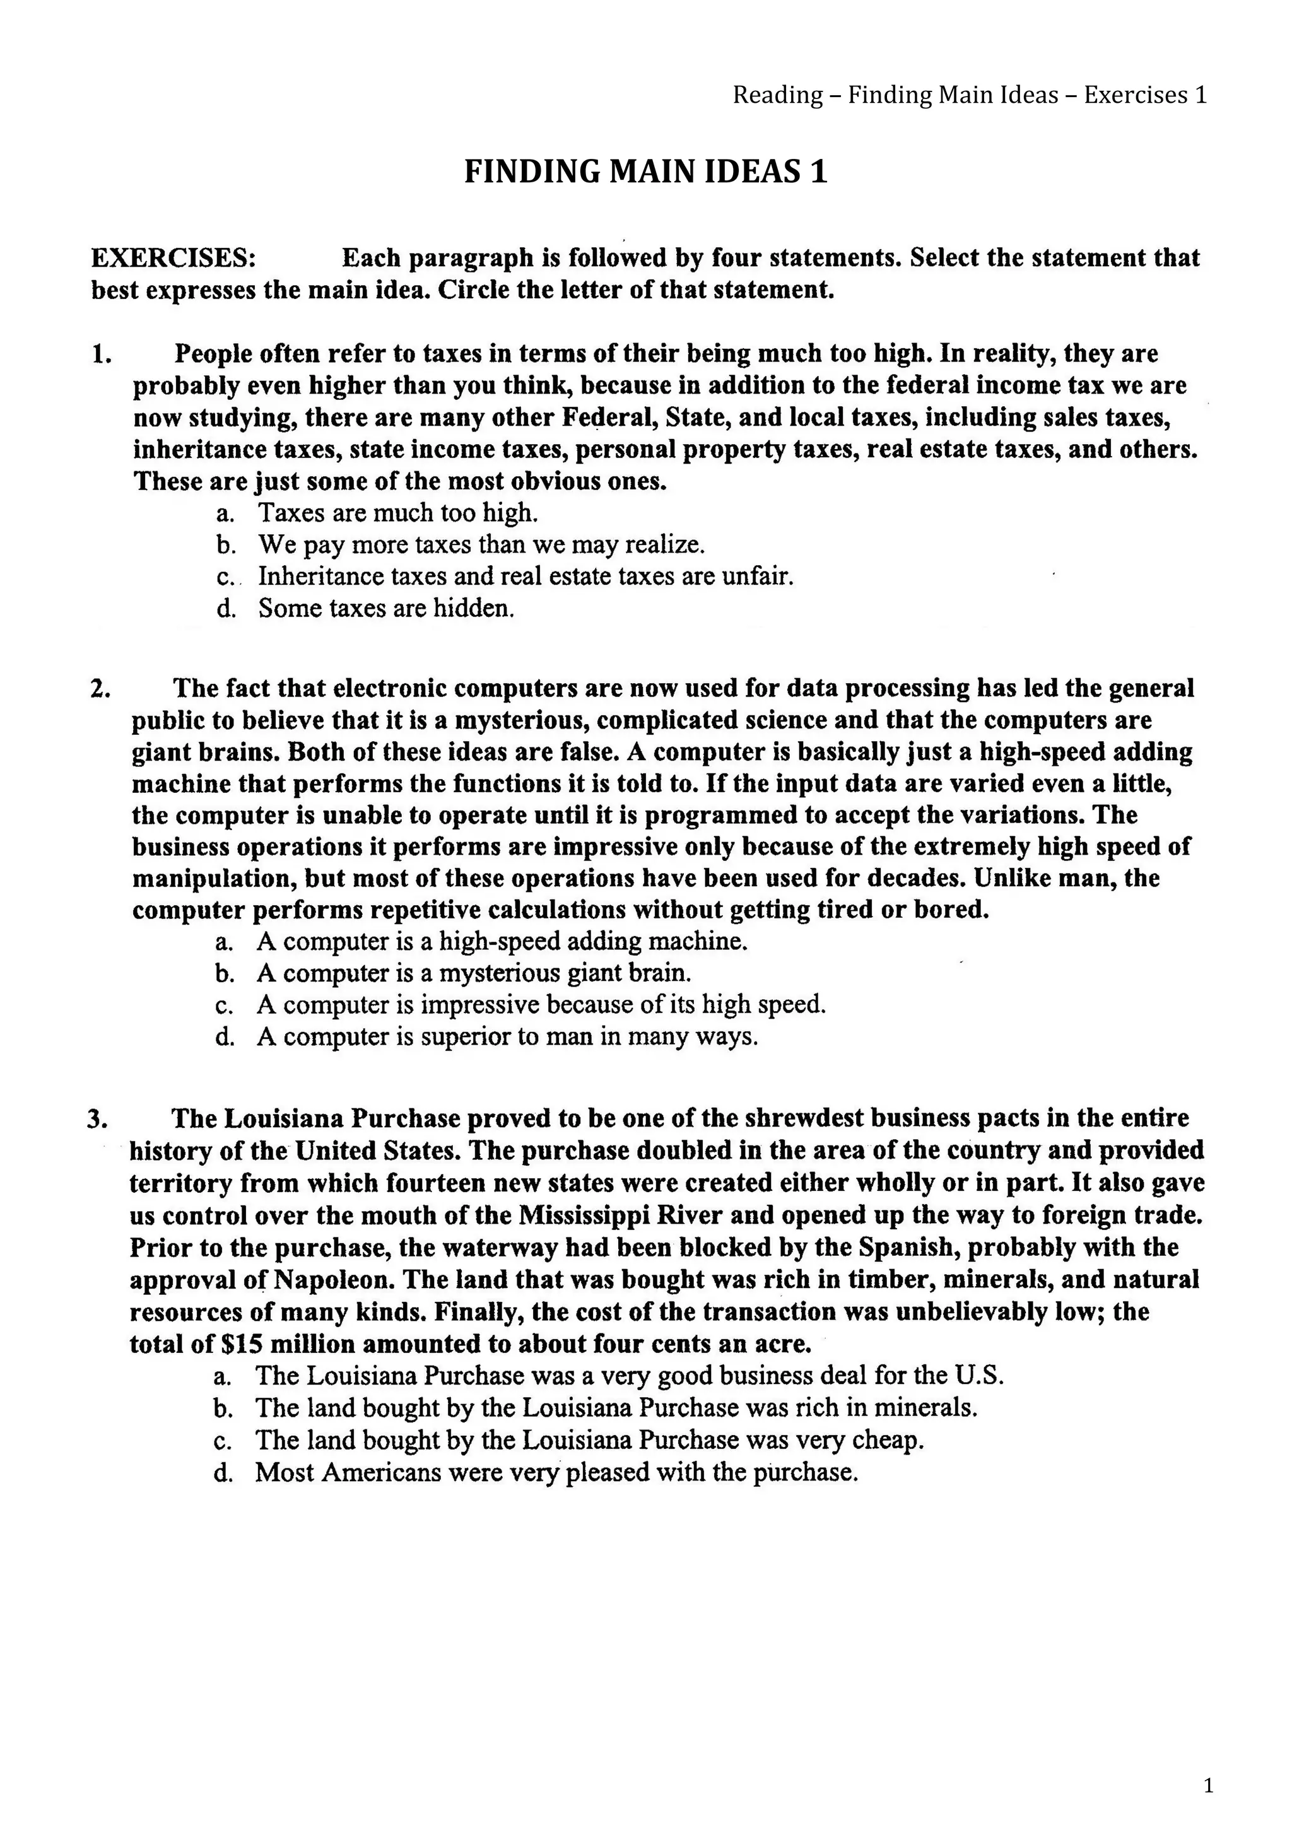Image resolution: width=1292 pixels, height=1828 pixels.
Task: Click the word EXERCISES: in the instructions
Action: click(x=173, y=258)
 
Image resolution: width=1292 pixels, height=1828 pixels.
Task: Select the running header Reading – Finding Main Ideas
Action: click(x=969, y=95)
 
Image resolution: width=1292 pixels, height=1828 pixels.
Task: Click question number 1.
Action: click(x=101, y=353)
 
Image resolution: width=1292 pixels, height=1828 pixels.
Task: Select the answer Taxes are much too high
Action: click(x=398, y=513)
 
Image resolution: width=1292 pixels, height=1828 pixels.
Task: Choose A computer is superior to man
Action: click(x=507, y=1036)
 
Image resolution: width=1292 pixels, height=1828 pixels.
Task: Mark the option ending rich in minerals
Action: click(x=615, y=1408)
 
